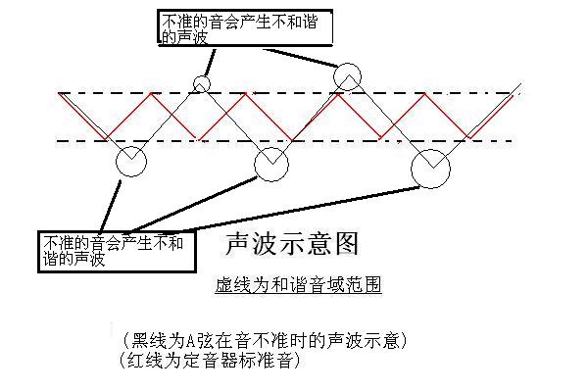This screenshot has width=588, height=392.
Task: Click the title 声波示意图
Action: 292,243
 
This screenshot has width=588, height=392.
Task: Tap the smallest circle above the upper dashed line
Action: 202,83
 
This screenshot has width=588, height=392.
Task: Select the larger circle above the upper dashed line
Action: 347,75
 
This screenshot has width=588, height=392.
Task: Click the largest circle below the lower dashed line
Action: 430,168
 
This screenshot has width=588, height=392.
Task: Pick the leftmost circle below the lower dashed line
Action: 130,163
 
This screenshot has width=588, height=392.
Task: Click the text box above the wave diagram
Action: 245,26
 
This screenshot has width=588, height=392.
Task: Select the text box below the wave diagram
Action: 111,251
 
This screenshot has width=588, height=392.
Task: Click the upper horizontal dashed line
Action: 294,94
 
